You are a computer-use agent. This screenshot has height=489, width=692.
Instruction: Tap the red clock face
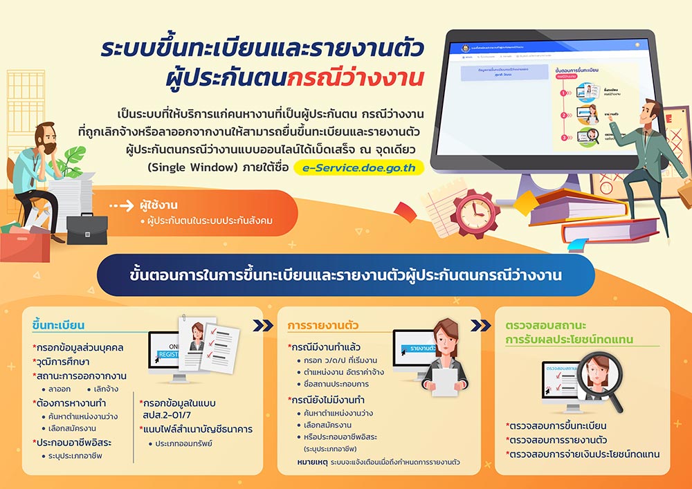click(x=475, y=213)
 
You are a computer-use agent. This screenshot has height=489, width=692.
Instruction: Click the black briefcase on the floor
click(x=86, y=229)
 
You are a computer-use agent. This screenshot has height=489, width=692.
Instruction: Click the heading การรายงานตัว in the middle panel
click(x=318, y=325)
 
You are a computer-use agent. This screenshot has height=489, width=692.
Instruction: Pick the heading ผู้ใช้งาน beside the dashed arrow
click(x=158, y=205)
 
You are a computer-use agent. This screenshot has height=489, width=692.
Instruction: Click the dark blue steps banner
click(x=346, y=275)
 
